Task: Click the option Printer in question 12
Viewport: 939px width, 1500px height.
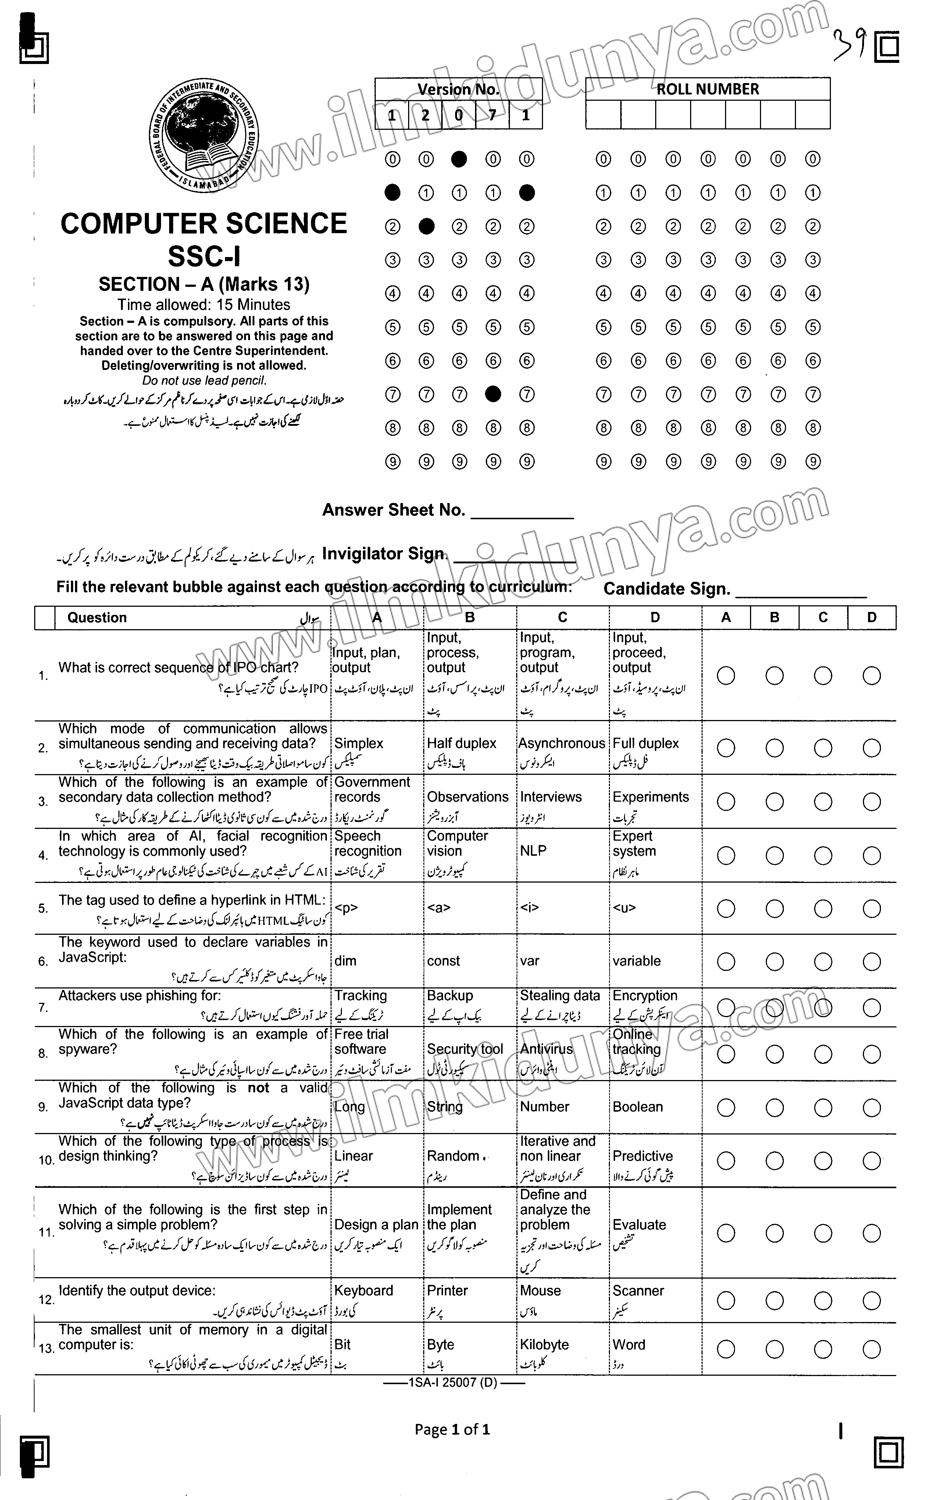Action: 447,1291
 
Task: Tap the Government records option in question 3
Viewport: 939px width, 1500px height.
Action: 372,790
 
